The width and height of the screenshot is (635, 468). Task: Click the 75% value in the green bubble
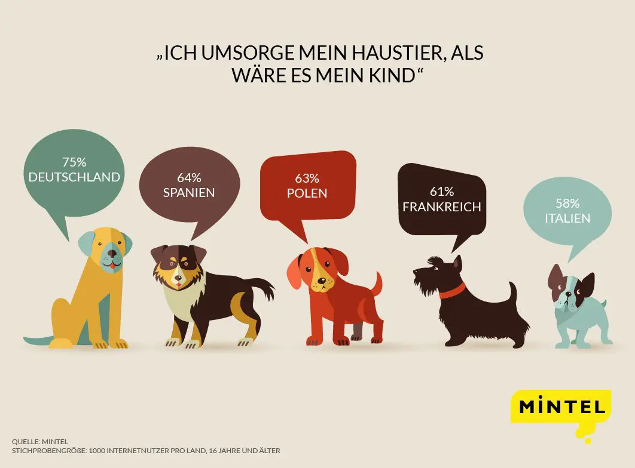pyautogui.click(x=74, y=162)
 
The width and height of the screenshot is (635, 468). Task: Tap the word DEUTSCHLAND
pyautogui.click(x=74, y=177)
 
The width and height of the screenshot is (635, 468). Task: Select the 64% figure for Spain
pyautogui.click(x=189, y=177)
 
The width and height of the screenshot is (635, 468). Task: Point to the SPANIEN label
pyautogui.click(x=189, y=192)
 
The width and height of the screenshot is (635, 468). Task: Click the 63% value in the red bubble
pyautogui.click(x=307, y=178)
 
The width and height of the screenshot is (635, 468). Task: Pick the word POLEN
pyautogui.click(x=307, y=193)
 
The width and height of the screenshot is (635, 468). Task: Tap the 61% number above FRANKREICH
pyautogui.click(x=442, y=192)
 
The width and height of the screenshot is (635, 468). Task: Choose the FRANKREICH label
pyautogui.click(x=442, y=207)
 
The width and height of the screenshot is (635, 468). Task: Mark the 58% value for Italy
pyautogui.click(x=567, y=203)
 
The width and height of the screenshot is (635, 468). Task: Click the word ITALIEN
pyautogui.click(x=567, y=218)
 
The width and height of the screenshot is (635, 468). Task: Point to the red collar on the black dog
pyautogui.click(x=452, y=292)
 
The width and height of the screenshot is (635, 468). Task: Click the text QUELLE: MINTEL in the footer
pyautogui.click(x=40, y=442)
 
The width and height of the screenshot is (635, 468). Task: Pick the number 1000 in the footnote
pyautogui.click(x=99, y=450)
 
